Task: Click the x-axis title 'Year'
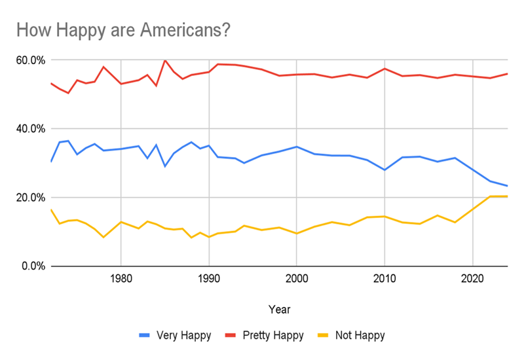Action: pos(279,308)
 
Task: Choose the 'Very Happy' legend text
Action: pos(184,336)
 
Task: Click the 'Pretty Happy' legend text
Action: pos(275,336)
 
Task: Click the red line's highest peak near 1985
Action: pos(165,60)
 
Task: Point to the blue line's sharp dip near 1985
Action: pos(165,166)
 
